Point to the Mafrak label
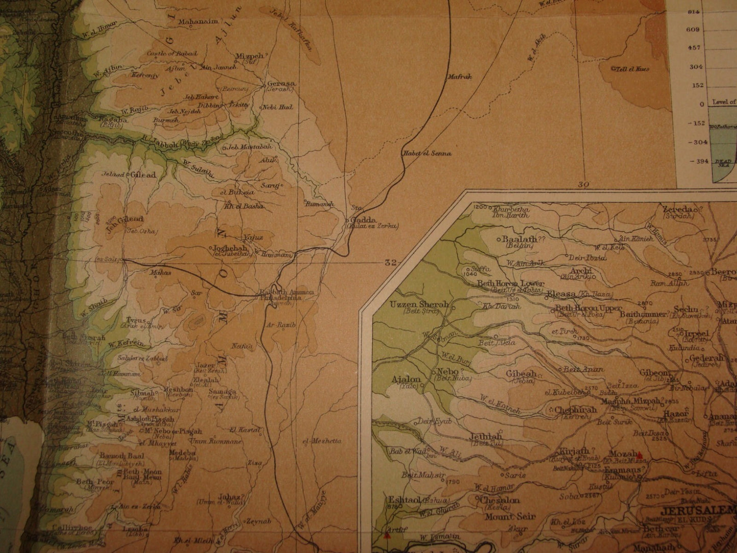tap(460, 78)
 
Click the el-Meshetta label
tap(321, 441)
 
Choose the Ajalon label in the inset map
tap(406, 379)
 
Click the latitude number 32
tap(391, 262)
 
